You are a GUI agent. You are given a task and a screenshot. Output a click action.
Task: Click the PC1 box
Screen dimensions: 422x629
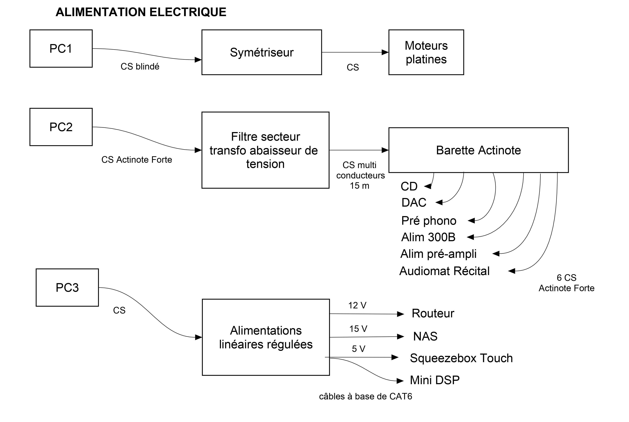click(x=61, y=48)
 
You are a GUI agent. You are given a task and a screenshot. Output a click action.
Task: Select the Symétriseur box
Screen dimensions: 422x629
click(x=261, y=52)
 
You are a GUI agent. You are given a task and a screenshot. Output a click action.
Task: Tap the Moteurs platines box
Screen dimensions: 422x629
click(x=426, y=52)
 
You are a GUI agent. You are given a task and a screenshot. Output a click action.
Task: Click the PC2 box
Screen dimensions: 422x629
click(x=61, y=127)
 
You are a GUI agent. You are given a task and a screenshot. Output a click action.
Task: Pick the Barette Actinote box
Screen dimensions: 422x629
click(x=478, y=150)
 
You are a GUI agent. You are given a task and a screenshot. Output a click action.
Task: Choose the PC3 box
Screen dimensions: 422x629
click(x=67, y=287)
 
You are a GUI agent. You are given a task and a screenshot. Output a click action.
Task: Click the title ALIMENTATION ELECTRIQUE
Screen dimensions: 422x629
click(x=141, y=12)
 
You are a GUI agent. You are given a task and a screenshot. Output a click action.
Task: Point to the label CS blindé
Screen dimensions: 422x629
click(x=140, y=66)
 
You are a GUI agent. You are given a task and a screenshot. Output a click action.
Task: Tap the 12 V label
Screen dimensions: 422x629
click(x=357, y=305)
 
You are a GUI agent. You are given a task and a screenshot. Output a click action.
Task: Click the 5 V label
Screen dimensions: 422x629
click(x=358, y=349)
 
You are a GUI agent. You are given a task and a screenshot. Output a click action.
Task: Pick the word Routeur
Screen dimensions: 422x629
click(x=433, y=313)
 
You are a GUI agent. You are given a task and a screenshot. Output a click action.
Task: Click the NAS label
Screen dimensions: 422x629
click(x=425, y=336)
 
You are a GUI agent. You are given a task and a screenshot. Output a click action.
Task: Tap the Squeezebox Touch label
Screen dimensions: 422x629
click(x=461, y=358)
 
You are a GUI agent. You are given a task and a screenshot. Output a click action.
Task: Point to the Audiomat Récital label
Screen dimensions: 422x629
click(x=444, y=271)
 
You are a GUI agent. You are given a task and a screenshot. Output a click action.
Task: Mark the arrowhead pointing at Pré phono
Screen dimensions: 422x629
click(x=471, y=221)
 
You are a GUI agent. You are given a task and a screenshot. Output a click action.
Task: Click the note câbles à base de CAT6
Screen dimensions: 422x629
click(x=365, y=396)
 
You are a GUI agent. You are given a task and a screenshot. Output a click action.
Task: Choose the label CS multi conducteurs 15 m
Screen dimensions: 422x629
click(x=360, y=175)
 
